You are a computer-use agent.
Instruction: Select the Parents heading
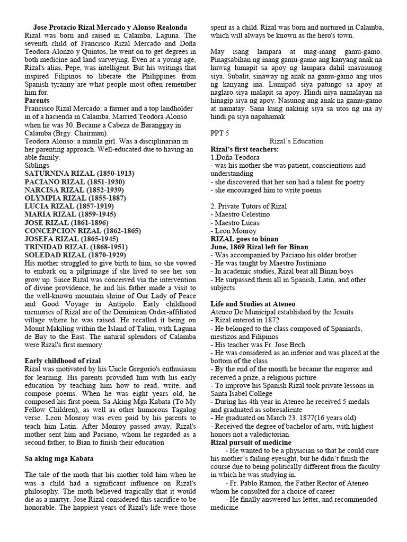37,100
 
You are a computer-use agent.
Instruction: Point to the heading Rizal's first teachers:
246,150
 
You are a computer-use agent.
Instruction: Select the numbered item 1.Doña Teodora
235,157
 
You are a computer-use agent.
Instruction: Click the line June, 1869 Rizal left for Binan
260,247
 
